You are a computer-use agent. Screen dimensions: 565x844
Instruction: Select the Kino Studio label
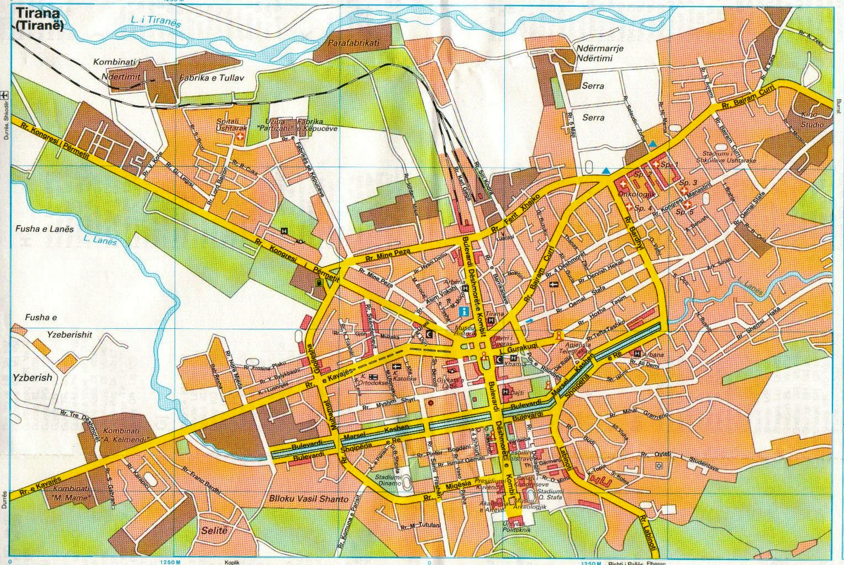(x=812, y=120)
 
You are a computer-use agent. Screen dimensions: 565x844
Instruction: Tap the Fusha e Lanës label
(x=41, y=228)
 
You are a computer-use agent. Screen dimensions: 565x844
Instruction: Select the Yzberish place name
(x=32, y=378)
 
